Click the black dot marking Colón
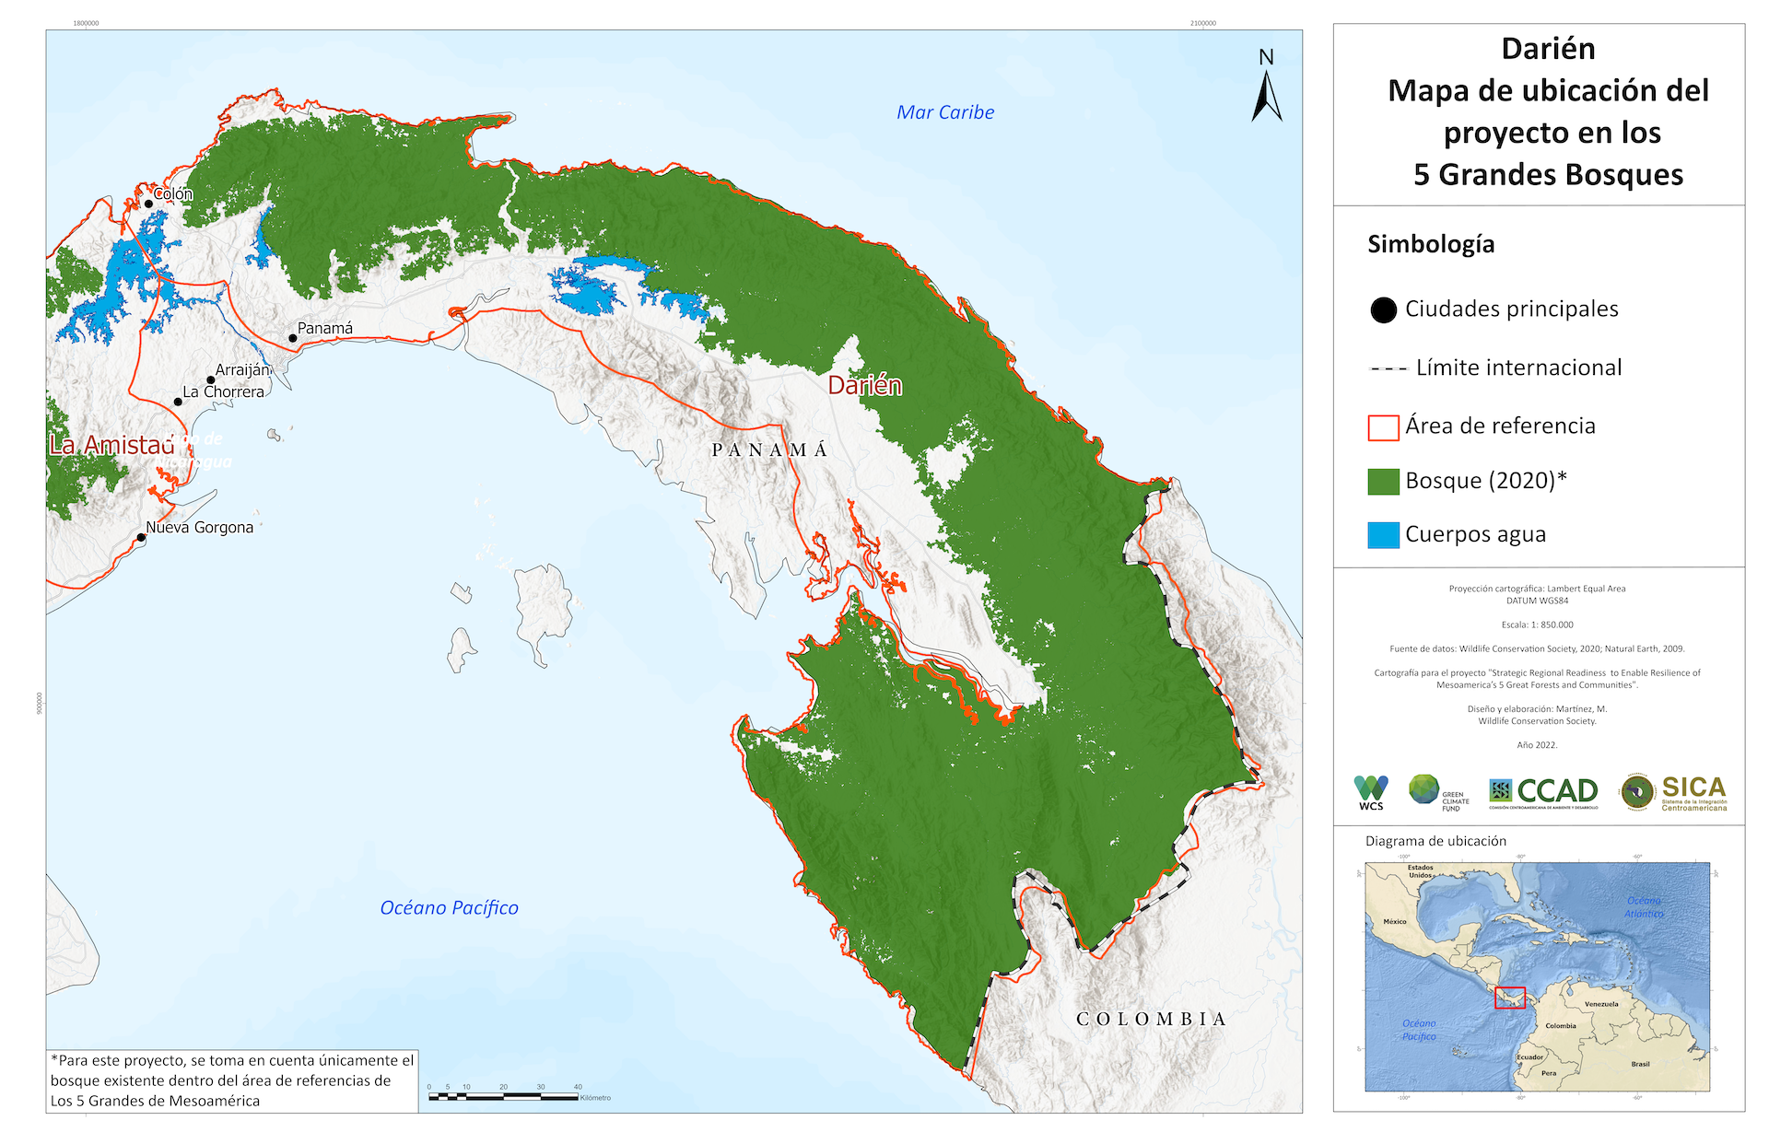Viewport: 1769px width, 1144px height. tap(148, 204)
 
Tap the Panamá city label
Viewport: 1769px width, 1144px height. tap(324, 328)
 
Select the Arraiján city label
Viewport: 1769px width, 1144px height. tap(242, 369)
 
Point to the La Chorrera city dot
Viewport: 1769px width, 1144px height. tap(178, 402)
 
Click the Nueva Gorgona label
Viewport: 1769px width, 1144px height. tap(199, 527)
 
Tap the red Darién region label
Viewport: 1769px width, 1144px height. tap(864, 385)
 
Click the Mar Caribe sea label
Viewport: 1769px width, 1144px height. tap(945, 112)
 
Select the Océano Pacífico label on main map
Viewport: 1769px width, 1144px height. tap(449, 907)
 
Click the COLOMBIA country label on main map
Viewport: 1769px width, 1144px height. tap(1151, 1019)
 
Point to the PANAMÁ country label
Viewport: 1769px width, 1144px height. tap(769, 449)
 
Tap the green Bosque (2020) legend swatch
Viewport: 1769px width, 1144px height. tap(1383, 481)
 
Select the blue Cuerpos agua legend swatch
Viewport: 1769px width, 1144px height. tap(1383, 534)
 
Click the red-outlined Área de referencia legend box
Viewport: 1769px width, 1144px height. tap(1383, 427)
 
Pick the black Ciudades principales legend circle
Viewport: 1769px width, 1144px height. tap(1383, 310)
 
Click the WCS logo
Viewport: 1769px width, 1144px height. tap(1371, 792)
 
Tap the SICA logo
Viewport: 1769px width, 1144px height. tap(1674, 792)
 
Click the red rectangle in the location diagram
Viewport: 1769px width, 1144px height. tap(1509, 998)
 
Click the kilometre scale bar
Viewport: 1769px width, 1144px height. tap(503, 1096)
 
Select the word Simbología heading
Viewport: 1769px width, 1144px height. tap(1430, 244)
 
